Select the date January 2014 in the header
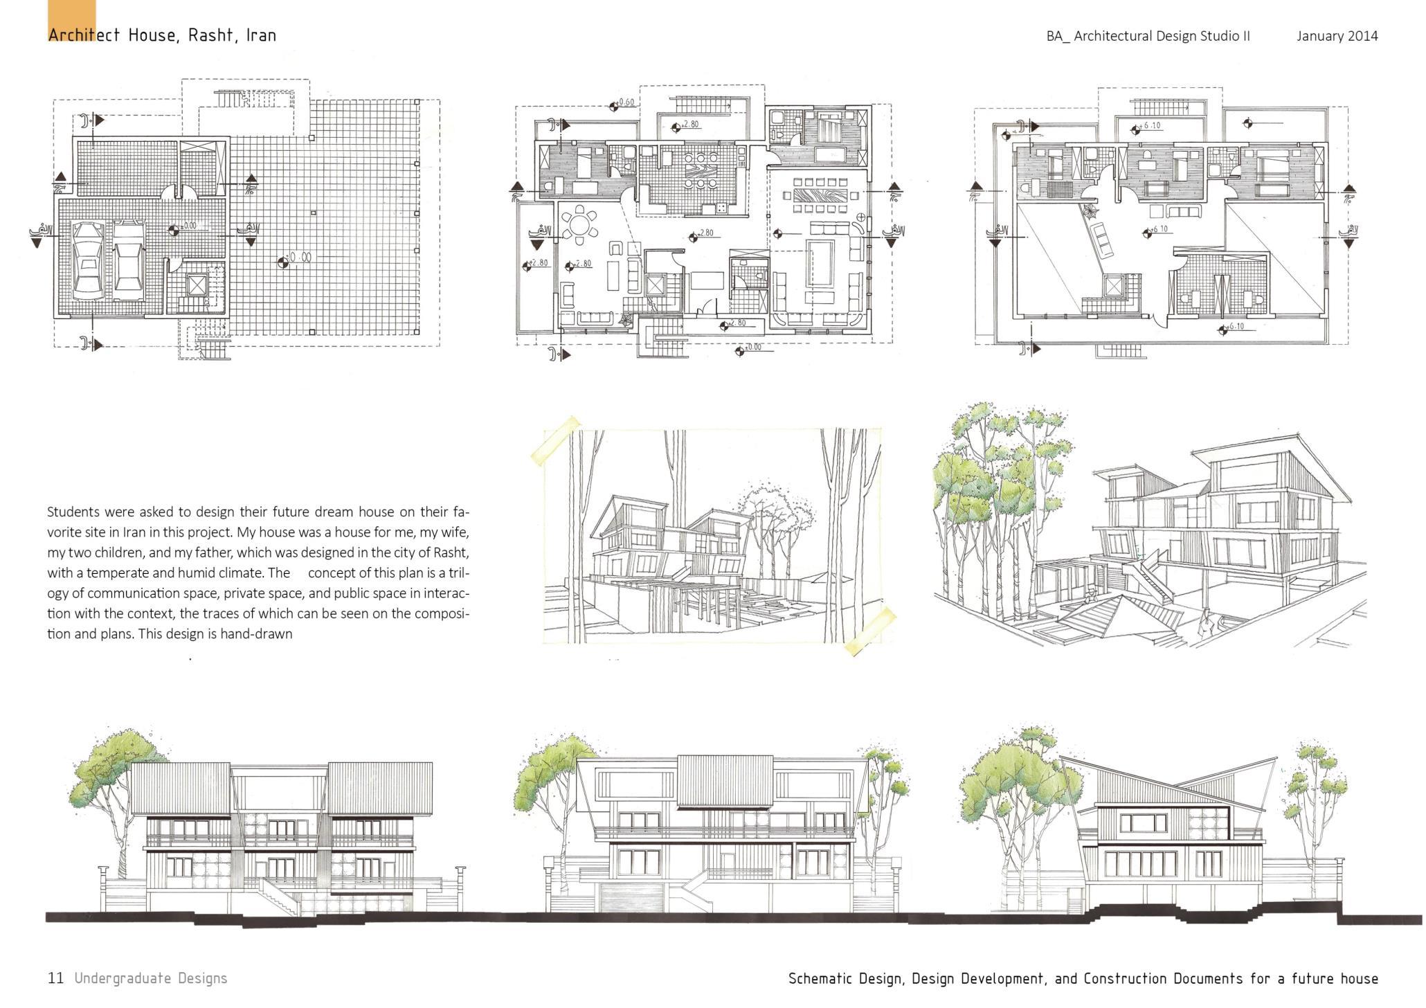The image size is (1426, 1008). [x=1337, y=36]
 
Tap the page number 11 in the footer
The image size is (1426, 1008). [x=55, y=978]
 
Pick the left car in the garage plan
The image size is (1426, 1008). [x=87, y=259]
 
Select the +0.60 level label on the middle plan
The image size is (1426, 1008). [x=625, y=102]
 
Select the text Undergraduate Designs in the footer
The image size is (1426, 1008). [x=151, y=978]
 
